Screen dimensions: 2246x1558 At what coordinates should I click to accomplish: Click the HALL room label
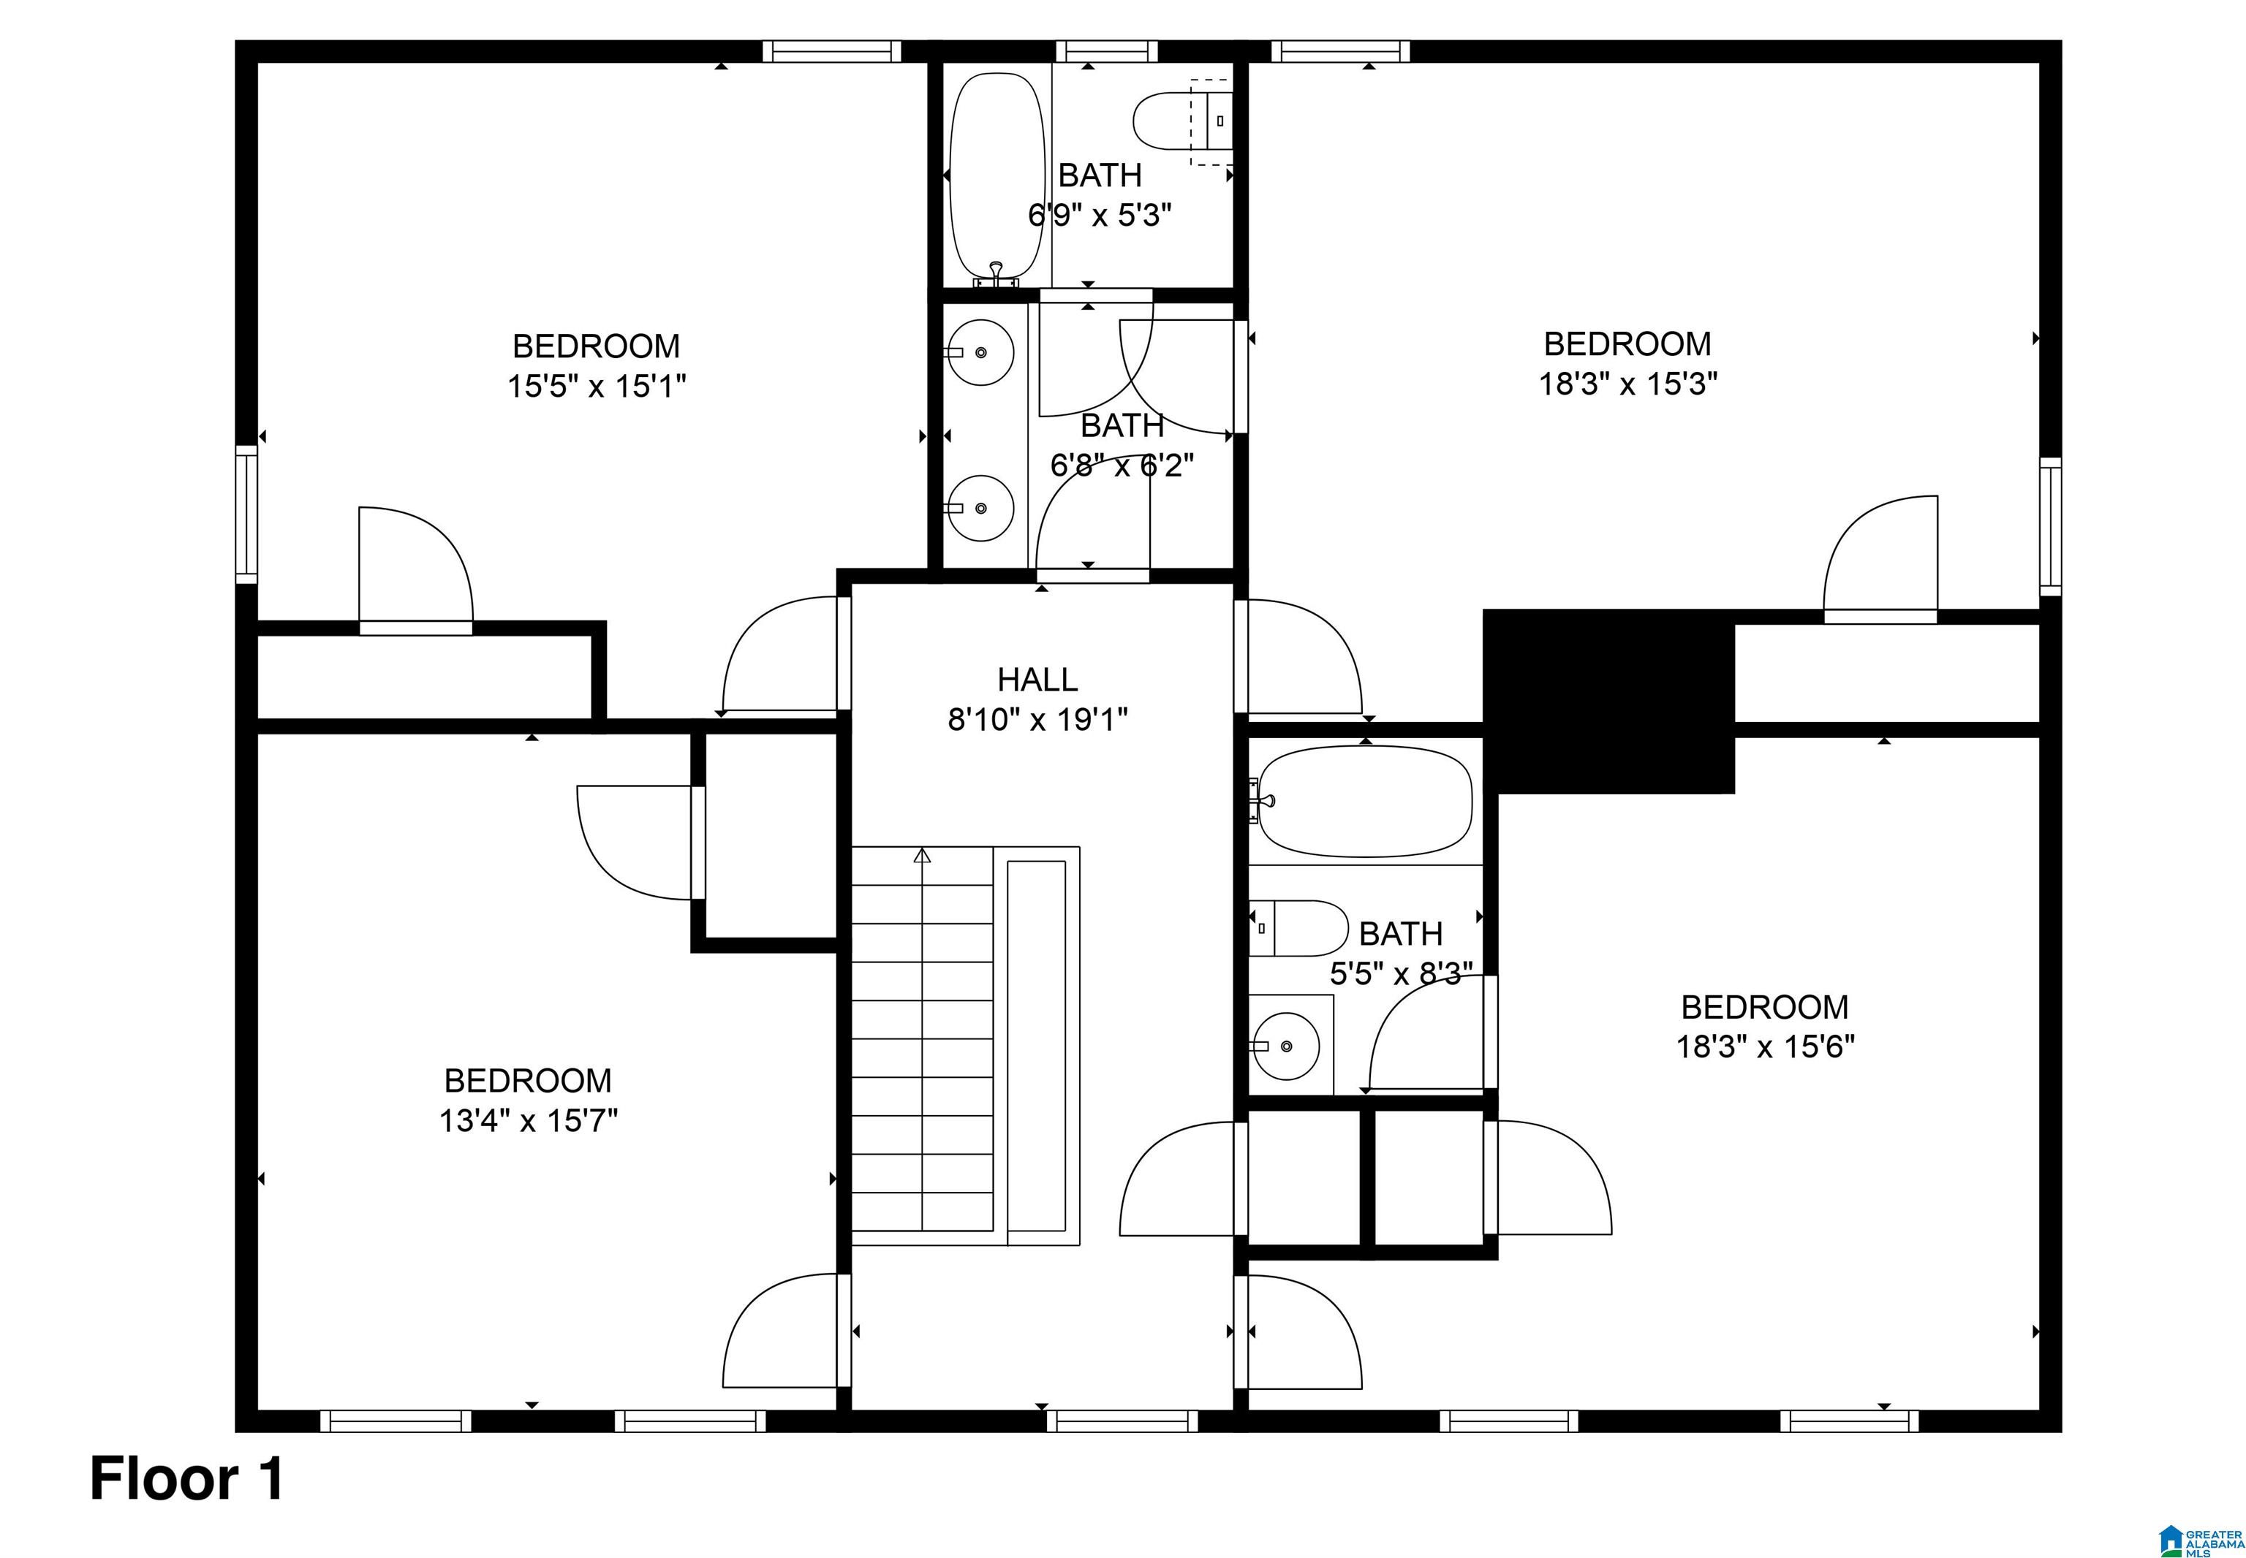tap(1037, 680)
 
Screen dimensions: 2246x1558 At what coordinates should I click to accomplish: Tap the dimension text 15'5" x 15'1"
tap(596, 387)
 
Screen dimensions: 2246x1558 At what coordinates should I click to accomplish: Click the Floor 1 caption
tap(187, 1479)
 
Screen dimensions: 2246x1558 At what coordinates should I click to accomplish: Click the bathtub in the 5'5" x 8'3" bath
tap(1364, 802)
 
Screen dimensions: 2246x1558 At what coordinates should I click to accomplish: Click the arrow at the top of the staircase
tap(922, 856)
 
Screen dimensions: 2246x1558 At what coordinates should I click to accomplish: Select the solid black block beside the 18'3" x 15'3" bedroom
tap(1608, 700)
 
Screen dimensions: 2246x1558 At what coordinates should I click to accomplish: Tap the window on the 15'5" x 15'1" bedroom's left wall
tap(246, 514)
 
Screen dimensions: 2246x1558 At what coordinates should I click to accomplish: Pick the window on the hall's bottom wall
tap(1123, 1421)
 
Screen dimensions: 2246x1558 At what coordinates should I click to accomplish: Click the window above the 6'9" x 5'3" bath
tap(1106, 50)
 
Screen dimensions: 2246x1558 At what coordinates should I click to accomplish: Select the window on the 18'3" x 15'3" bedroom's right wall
tap(2051, 526)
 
